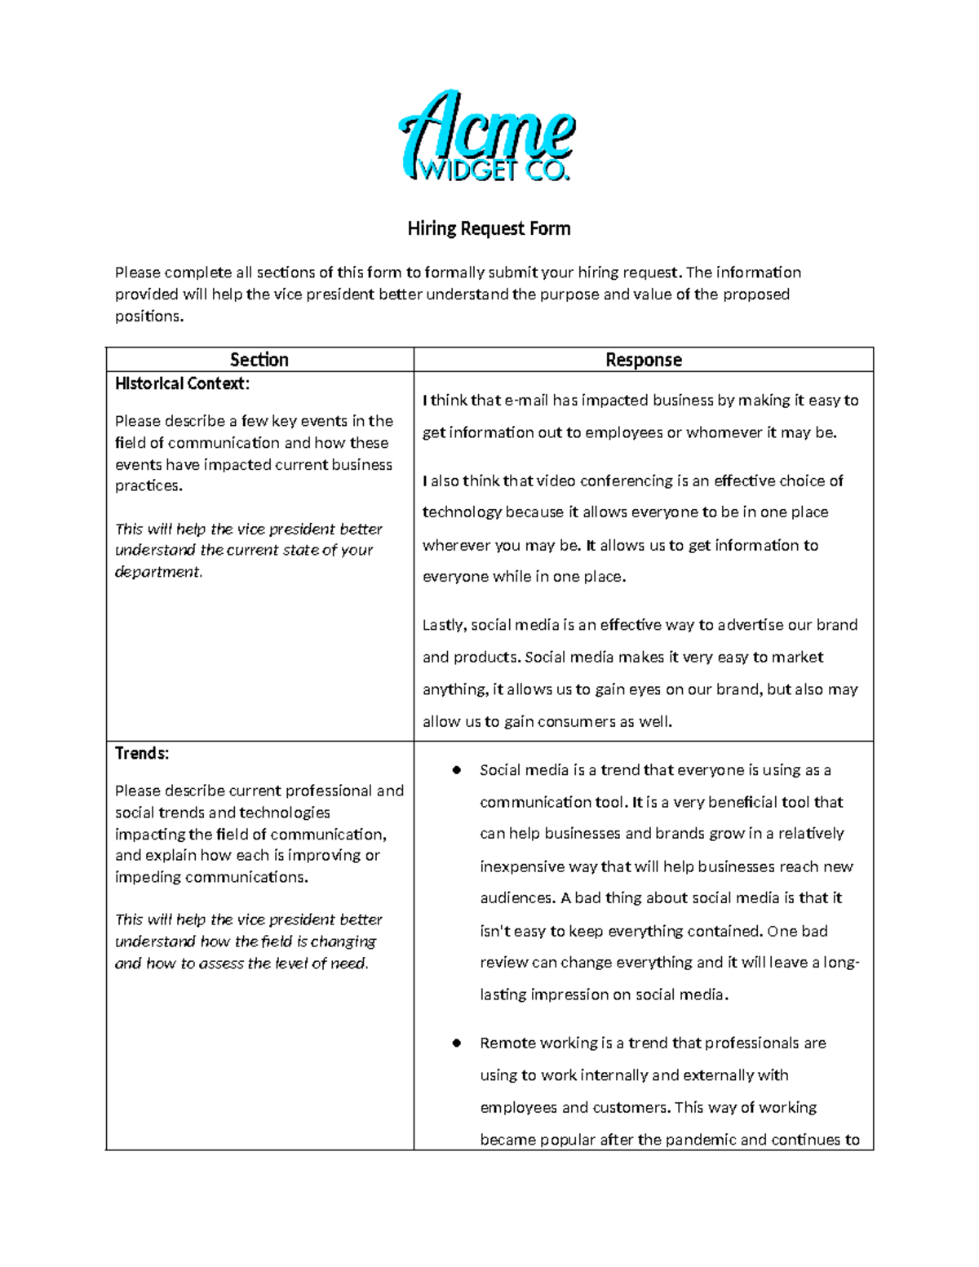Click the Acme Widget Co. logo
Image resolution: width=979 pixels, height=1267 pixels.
[x=488, y=136]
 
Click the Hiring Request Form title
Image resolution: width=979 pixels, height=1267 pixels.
[x=489, y=228]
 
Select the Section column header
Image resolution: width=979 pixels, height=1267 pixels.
[x=259, y=360]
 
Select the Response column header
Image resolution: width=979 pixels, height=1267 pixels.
[x=643, y=360]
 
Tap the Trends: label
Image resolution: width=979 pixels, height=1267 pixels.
[x=142, y=753]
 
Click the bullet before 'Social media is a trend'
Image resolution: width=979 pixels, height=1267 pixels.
[x=457, y=770]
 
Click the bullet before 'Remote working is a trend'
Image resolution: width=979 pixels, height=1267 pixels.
[x=457, y=1043]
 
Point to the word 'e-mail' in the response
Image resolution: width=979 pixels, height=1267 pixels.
[x=526, y=400]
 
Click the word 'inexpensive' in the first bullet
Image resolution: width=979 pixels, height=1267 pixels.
[x=521, y=866]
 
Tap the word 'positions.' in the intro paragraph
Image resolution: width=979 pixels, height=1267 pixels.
[x=149, y=317]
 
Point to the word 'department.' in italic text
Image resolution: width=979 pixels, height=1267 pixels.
[x=158, y=572]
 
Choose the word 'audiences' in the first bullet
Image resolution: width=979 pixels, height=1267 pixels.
[x=516, y=898]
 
